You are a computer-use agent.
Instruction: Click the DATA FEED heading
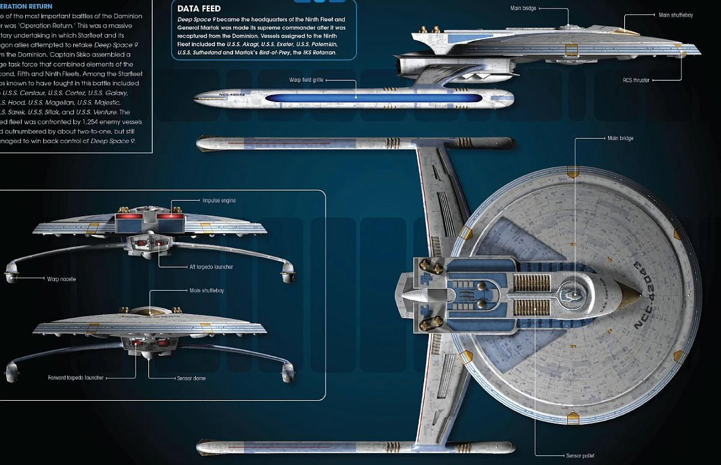pyautogui.click(x=199, y=8)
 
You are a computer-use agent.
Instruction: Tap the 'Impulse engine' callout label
pyautogui.click(x=219, y=201)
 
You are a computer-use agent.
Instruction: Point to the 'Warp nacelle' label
pyautogui.click(x=61, y=279)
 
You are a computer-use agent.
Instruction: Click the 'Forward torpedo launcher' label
pyautogui.click(x=76, y=378)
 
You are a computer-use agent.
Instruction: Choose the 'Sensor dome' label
pyautogui.click(x=191, y=378)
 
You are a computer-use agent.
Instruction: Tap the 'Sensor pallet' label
pyautogui.click(x=580, y=456)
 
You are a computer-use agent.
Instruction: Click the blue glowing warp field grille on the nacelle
pyautogui.click(x=373, y=97)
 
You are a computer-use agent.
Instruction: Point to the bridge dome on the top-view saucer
pyautogui.click(x=574, y=294)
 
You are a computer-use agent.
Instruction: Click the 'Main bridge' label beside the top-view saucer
pyautogui.click(x=620, y=138)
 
